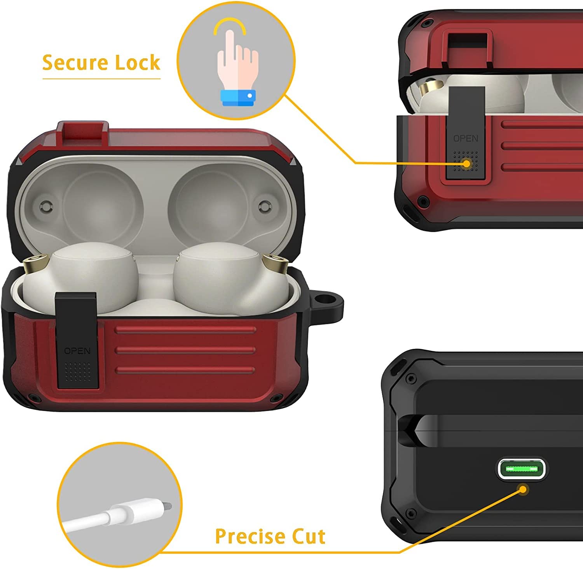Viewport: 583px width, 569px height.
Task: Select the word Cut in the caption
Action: coord(308,537)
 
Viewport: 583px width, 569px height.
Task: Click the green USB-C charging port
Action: coord(522,469)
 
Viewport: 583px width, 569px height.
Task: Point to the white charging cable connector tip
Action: coord(167,506)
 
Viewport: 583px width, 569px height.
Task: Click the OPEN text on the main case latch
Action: coord(77,351)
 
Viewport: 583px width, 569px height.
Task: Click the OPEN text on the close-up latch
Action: coord(466,138)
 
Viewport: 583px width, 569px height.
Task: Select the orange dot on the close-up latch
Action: coord(466,164)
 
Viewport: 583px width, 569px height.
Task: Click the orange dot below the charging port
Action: coord(524,489)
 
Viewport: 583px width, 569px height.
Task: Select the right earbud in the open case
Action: coord(229,278)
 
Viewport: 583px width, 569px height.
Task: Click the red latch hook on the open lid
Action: coord(82,132)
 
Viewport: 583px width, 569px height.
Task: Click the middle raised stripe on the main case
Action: coord(185,350)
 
